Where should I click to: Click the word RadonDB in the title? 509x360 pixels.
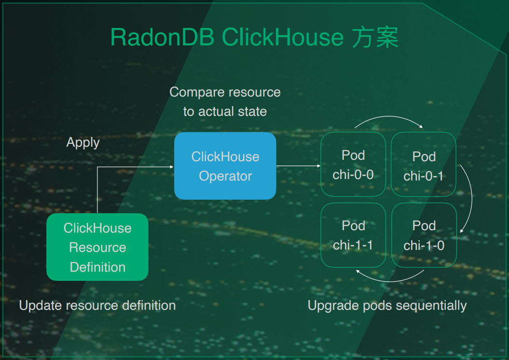coord(162,37)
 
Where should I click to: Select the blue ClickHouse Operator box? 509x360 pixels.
coord(225,166)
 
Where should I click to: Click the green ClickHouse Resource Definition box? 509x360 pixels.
coord(97,247)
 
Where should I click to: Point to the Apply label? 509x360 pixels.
coord(83,143)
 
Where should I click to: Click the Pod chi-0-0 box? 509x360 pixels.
coord(353,164)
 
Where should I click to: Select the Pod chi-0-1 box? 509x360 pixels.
coord(424,164)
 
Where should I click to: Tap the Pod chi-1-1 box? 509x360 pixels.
coord(353,235)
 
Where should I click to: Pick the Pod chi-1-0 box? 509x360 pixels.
coord(424,235)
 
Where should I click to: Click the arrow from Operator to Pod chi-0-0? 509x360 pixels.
coord(298,166)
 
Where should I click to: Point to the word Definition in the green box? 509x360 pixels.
coord(98,267)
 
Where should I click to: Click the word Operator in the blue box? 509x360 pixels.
coord(225,176)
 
